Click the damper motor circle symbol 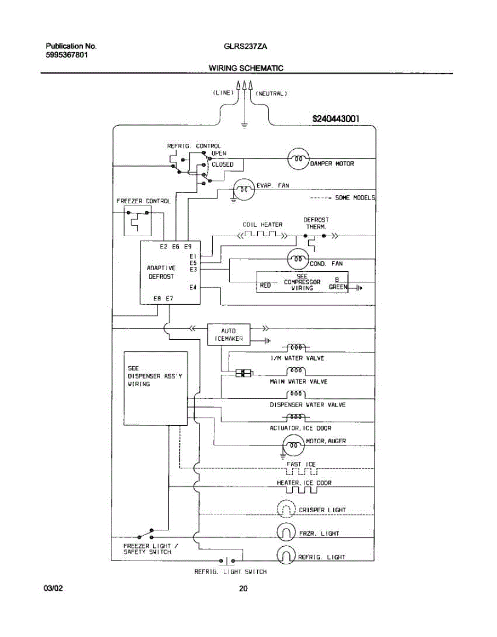tap(298, 159)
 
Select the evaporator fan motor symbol tap(244, 190)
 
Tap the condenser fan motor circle tap(298, 259)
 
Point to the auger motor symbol tap(294, 445)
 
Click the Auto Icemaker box tap(229, 334)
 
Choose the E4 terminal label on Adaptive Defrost tap(193, 288)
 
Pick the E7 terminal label tap(170, 298)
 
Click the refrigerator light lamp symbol tap(286, 555)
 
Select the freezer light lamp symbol tap(286, 532)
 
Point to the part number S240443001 tap(336, 119)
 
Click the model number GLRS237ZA tap(246, 46)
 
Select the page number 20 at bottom tap(243, 588)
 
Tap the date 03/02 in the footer tap(53, 588)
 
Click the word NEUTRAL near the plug tap(271, 94)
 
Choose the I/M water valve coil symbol tap(296, 348)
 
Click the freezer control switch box tap(138, 221)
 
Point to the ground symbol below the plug tap(244, 125)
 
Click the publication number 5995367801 tap(67, 55)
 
